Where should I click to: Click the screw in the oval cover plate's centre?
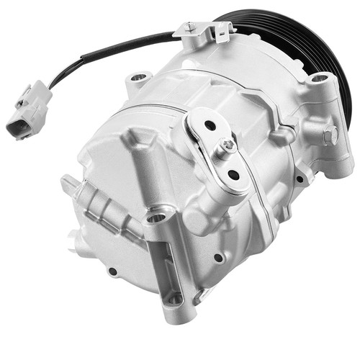pyautogui.click(x=228, y=148)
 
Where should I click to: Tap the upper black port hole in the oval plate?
pyautogui.click(x=210, y=125)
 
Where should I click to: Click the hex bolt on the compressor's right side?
pyautogui.click(x=329, y=133)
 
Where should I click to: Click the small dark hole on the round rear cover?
pyautogui.click(x=112, y=271)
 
